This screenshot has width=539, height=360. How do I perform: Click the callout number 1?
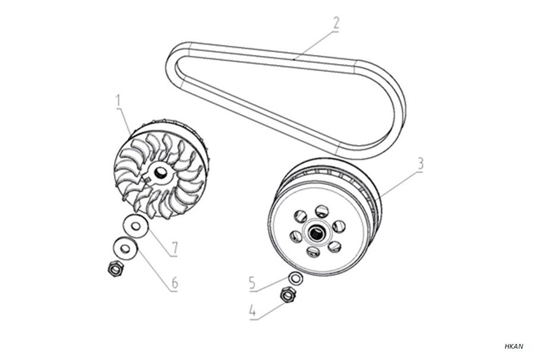pos(118,100)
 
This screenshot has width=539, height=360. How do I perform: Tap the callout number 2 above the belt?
pos(336,23)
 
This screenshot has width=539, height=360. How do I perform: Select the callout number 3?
pos(420,164)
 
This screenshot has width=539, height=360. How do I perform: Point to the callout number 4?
pos(253,311)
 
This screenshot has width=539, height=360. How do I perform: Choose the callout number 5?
pos(253,283)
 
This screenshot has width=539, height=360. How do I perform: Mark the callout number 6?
pos(175,283)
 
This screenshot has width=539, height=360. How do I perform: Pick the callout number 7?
pos(175,248)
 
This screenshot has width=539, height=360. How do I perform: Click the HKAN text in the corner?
pos(513,346)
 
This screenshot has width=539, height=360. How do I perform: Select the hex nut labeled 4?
pos(288,295)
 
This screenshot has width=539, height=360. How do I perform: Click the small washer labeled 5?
pos(295,278)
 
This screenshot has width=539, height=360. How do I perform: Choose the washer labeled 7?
pos(135,226)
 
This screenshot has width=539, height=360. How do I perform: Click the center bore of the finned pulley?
pos(160,172)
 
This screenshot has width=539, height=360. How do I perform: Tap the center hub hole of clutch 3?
pos(314,233)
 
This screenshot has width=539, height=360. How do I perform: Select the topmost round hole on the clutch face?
pos(321,210)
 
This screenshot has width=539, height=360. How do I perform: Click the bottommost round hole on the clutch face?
pos(313,252)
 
